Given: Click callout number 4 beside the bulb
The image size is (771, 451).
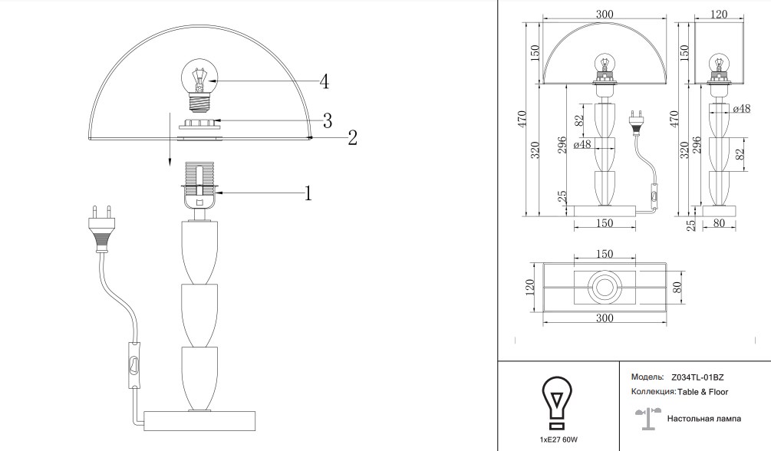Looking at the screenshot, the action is (x=324, y=81).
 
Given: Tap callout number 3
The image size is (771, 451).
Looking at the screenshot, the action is (x=328, y=120).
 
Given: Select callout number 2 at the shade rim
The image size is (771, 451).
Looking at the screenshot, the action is (x=352, y=138).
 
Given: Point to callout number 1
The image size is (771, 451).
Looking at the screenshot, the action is (x=308, y=193).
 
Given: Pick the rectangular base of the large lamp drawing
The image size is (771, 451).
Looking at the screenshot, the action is (x=199, y=420).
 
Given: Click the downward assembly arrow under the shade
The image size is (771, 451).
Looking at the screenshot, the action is (x=169, y=139).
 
